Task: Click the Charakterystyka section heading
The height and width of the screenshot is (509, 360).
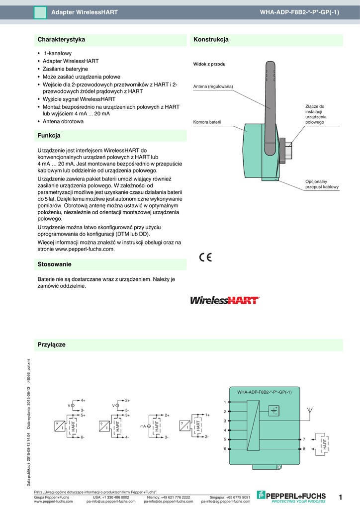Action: point(61,39)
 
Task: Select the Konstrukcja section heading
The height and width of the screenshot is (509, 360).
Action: point(211,39)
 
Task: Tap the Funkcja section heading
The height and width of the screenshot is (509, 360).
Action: point(49,135)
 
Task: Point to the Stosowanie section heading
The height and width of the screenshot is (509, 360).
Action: point(55,264)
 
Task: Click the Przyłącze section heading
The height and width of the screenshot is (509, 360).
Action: point(52,344)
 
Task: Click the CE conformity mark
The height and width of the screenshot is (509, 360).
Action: point(205,257)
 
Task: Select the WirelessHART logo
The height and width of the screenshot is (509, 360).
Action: point(225,300)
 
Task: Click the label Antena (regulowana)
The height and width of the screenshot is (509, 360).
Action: point(213,86)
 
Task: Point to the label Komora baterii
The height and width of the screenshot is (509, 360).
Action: point(207,122)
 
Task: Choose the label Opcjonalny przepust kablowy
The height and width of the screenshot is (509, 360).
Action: point(322,184)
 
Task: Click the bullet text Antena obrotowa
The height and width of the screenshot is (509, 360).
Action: point(63,121)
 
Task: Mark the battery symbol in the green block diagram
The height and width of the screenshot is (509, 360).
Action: point(273,410)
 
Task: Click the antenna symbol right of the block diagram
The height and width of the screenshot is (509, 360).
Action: point(310,411)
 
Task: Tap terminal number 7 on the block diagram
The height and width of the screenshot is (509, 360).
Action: point(304,439)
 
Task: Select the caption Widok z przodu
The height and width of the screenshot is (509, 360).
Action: point(209,64)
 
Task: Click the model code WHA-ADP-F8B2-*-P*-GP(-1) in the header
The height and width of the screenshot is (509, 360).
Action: point(300,11)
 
